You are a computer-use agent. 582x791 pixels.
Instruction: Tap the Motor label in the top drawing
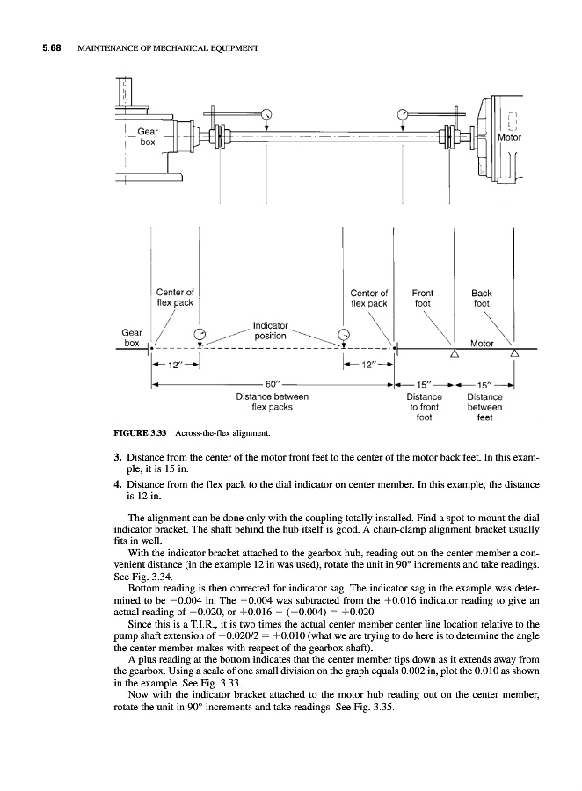[510, 138]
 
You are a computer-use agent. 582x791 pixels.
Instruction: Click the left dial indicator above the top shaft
[266, 112]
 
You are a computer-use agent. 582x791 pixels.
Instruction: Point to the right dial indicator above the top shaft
[404, 112]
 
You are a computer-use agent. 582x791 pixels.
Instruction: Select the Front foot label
[423, 298]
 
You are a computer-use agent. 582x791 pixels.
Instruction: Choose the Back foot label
[482, 298]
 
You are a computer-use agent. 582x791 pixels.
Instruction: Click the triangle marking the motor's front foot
[455, 353]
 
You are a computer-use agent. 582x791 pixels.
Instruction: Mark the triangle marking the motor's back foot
[513, 353]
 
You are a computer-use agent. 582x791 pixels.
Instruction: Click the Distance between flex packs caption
[272, 402]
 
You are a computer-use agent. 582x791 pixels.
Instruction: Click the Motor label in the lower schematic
[483, 343]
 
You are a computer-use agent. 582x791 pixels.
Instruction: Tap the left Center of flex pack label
[175, 298]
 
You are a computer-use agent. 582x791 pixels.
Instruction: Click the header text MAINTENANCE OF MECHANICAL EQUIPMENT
[167, 47]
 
